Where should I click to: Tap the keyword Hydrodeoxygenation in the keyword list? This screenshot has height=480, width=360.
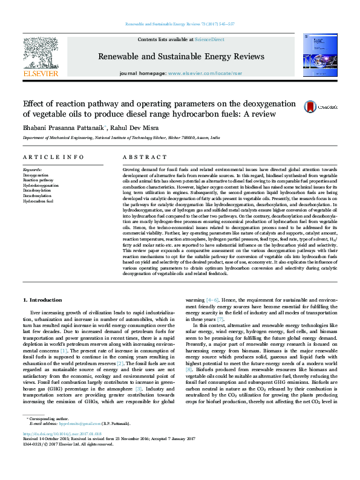pos(41,186)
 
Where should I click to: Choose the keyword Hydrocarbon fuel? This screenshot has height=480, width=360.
pos(38,202)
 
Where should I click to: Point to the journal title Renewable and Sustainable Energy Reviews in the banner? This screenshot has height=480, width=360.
pos(180,56)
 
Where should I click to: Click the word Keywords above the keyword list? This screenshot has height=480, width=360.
pos(32,170)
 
